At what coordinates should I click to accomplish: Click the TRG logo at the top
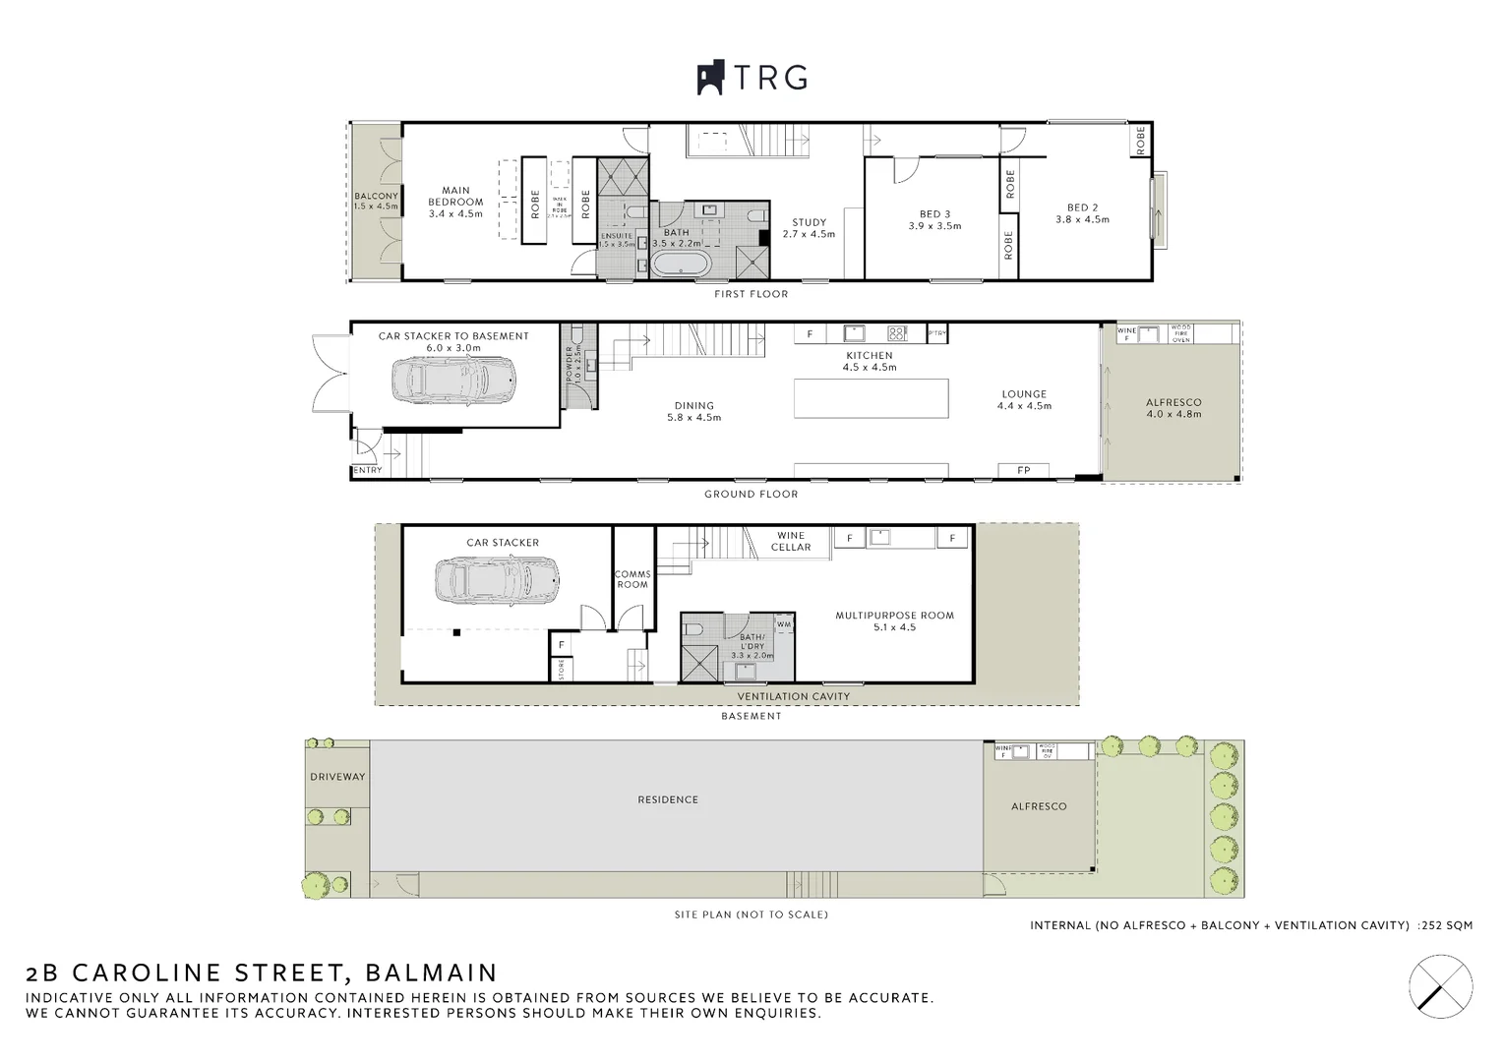point(752,78)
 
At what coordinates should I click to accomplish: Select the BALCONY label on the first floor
point(376,202)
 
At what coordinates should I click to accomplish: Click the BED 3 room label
point(934,219)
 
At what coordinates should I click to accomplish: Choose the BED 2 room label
point(1082,213)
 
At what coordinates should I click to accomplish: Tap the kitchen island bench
point(872,398)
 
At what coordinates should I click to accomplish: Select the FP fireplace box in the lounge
point(1023,471)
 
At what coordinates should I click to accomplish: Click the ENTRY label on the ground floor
point(367,471)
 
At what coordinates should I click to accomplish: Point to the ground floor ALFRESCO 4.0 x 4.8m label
point(1173,408)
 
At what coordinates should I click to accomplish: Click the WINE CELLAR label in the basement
point(791,542)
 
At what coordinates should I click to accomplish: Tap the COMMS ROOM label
point(632,579)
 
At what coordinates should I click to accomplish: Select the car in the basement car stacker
point(500,581)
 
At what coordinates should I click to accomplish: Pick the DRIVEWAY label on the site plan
point(337,777)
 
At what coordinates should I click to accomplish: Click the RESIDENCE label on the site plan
point(668,800)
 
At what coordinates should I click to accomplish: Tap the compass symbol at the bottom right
point(1440,983)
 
